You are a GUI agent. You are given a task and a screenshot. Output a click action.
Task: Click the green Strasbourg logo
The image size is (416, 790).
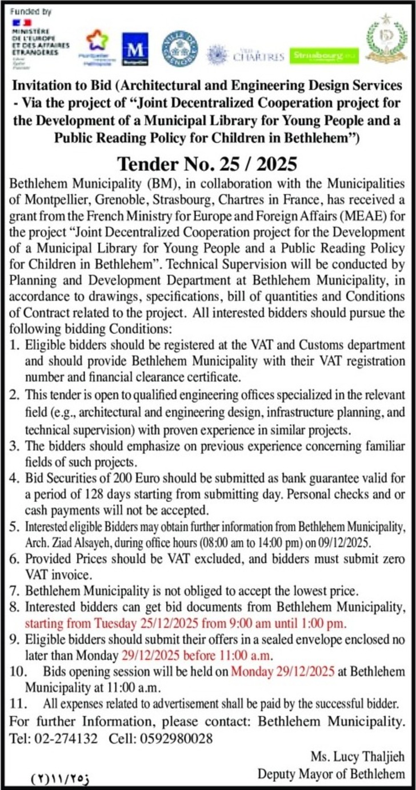click(x=324, y=55)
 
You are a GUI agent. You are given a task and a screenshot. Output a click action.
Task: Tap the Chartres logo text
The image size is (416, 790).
click(x=258, y=56)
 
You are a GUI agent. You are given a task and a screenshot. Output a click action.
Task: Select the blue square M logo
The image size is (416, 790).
click(x=135, y=48)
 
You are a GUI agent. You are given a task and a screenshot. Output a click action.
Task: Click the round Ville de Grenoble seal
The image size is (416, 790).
click(x=180, y=48)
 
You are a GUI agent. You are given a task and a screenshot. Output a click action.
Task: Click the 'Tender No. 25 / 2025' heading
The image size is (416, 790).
click(x=207, y=165)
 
